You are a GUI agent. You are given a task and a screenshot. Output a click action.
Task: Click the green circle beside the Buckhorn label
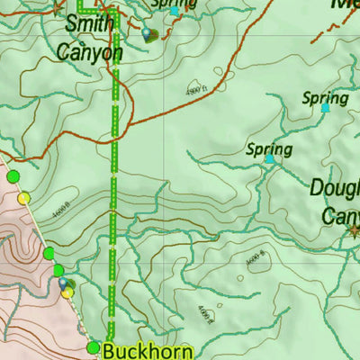[93, 347]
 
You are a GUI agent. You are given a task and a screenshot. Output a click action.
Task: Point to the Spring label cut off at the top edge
[173, 4]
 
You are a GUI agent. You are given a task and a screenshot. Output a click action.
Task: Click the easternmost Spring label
[325, 97]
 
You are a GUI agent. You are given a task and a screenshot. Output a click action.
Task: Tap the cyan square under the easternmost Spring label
[325, 108]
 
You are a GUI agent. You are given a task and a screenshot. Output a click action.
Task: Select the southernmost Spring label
[269, 148]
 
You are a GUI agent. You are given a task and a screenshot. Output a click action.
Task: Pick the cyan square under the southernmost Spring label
[269, 159]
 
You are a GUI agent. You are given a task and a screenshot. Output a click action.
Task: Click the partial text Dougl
[334, 188]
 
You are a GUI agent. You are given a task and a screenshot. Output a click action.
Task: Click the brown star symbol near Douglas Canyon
[353, 230]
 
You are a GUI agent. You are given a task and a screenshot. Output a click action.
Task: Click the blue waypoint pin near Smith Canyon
[147, 34]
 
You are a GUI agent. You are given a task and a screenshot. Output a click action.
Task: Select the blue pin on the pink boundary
[63, 283]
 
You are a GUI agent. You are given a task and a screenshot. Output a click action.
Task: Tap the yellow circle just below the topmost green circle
[24, 198]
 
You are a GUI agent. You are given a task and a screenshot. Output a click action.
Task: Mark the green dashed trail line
[113, 198]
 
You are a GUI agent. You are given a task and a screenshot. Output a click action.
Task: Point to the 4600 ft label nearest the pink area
[61, 213]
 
